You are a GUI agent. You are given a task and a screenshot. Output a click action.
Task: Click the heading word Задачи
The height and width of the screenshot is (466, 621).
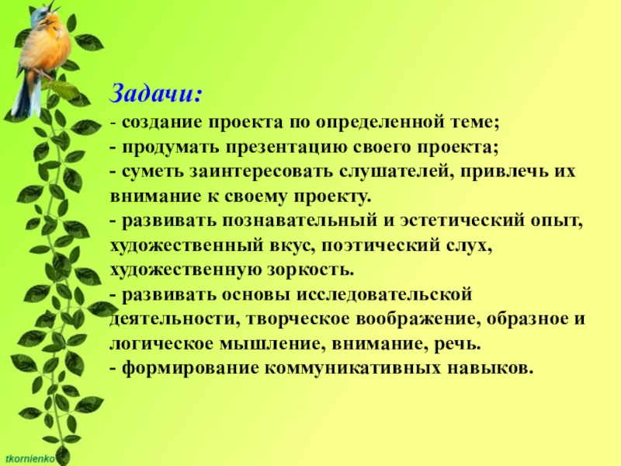pyautogui.click(x=156, y=93)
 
